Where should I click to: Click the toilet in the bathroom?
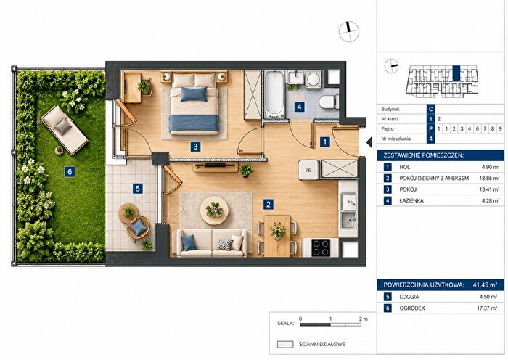(329, 102)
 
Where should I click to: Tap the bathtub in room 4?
(274, 94)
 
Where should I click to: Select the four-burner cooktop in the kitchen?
(321, 247)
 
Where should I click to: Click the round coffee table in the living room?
(214, 210)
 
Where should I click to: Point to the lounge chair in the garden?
(65, 130)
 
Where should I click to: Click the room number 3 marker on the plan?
(195, 147)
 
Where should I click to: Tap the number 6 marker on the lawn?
(70, 171)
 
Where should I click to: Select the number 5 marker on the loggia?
(138, 188)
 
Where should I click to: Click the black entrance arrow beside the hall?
(369, 142)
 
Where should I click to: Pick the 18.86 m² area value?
(489, 179)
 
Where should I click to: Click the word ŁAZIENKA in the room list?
(411, 200)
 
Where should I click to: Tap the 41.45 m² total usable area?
(485, 285)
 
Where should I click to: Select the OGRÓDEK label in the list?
(411, 308)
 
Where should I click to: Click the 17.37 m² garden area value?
(487, 308)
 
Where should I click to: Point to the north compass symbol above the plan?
(349, 31)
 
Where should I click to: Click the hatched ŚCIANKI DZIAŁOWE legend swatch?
(285, 345)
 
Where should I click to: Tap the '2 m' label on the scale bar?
(363, 319)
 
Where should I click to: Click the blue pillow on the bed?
(194, 94)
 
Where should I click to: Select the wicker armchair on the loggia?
(139, 228)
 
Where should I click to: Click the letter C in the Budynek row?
(430, 109)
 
